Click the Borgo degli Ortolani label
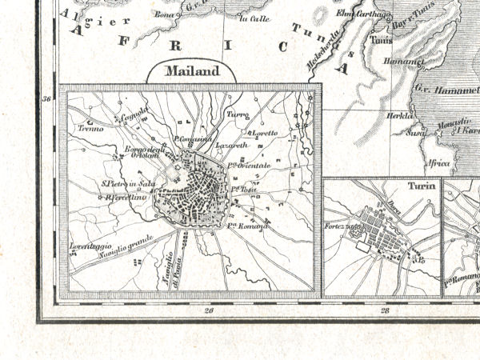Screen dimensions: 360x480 (143, 154)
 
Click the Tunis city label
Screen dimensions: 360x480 (381, 42)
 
